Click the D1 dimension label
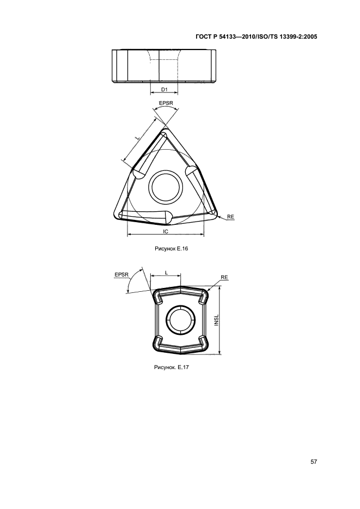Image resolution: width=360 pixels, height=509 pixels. click(x=164, y=89)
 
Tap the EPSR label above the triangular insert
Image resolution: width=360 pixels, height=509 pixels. click(x=166, y=103)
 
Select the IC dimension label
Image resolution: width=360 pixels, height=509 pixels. click(x=166, y=231)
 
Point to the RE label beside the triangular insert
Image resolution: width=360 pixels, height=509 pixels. click(x=230, y=217)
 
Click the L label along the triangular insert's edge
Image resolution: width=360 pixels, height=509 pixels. click(x=138, y=138)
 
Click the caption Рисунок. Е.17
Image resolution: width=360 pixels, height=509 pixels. click(x=172, y=367)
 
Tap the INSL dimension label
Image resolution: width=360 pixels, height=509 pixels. click(x=217, y=320)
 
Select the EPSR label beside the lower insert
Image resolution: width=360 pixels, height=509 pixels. click(x=122, y=275)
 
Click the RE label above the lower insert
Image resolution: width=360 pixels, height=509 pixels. click(x=224, y=277)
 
